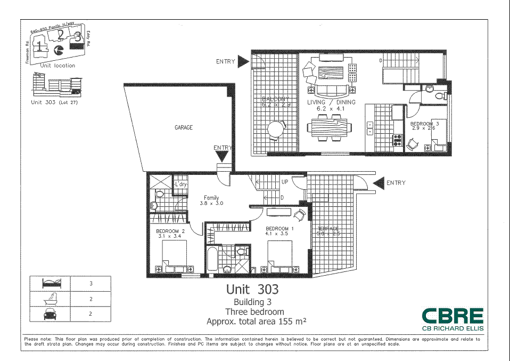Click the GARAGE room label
click(x=184, y=128)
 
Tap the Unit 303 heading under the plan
click(x=252, y=290)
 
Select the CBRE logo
click(x=453, y=316)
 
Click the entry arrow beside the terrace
click(x=379, y=183)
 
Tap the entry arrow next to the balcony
click(x=243, y=62)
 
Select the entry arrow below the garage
click(x=222, y=156)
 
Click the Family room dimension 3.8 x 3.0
click(x=211, y=203)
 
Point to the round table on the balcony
click(x=276, y=129)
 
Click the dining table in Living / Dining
click(x=330, y=128)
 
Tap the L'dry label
click(x=181, y=184)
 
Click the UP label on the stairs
click(x=285, y=182)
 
